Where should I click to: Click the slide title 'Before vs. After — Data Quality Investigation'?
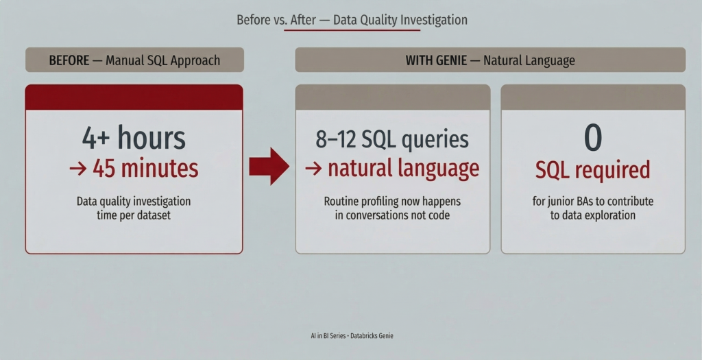point(352,20)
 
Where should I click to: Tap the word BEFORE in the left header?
point(69,60)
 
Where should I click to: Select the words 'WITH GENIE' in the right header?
point(436,60)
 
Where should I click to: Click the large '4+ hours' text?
point(134,138)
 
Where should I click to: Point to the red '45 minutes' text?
point(145,169)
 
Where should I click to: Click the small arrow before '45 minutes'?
point(78,169)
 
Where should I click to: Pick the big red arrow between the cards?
point(269,166)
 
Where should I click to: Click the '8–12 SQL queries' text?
point(392,139)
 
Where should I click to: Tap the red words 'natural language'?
point(403,169)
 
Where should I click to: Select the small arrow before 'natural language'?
point(313,169)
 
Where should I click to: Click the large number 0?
point(593,138)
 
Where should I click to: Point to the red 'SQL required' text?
point(593,169)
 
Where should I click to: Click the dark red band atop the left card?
point(134,97)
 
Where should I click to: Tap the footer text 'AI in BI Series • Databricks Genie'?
point(352,335)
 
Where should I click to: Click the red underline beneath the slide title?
point(352,30)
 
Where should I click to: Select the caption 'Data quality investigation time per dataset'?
point(134,208)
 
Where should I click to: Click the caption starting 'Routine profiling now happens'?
point(392,208)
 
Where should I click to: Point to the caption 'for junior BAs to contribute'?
point(593,202)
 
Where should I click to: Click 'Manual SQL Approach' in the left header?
point(163,60)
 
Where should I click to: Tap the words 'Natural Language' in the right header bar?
point(529,60)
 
